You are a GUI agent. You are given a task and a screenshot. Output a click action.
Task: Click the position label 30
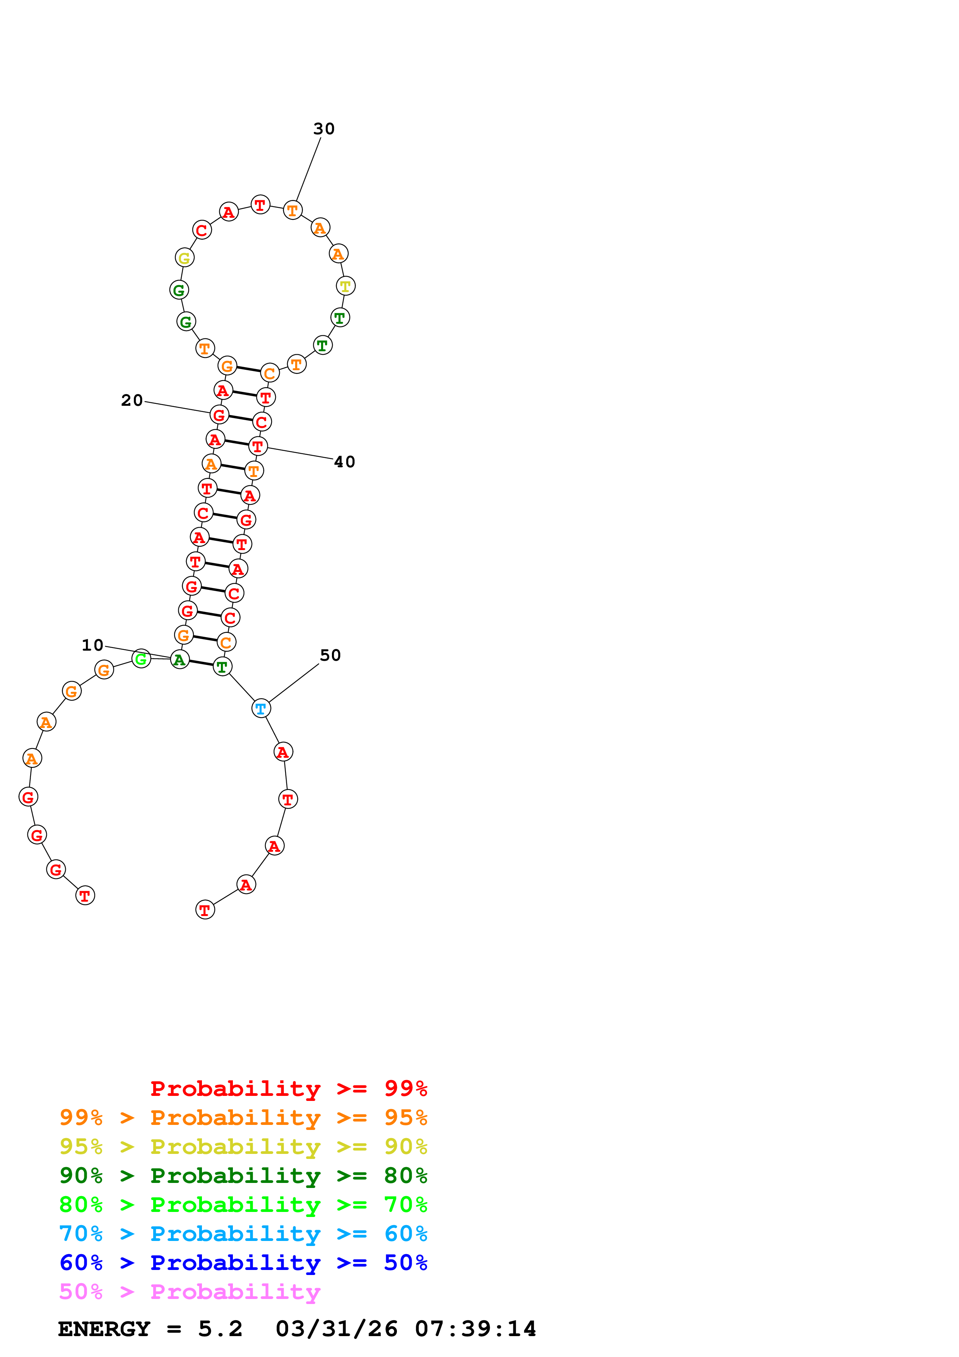point(324,129)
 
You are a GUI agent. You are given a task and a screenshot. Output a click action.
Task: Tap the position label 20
point(132,401)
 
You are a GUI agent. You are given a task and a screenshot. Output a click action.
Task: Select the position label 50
point(330,655)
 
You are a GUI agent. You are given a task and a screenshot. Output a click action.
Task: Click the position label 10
point(93,645)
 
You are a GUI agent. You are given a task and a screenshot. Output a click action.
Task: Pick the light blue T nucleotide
point(261,708)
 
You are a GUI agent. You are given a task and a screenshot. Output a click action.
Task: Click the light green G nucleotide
point(141,658)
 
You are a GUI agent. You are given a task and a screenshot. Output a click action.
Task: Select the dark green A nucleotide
point(179,660)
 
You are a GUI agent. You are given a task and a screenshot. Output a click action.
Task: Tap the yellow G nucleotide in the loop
point(185,258)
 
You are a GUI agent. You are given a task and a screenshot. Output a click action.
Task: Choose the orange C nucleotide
point(270,373)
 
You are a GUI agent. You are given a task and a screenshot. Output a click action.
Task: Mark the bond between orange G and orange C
point(248,369)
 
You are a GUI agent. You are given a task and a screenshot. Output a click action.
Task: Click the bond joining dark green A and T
point(201,663)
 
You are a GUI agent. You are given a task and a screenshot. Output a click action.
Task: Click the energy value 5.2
point(221,1329)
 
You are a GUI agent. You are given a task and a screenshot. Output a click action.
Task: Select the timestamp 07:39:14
point(476,1329)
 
